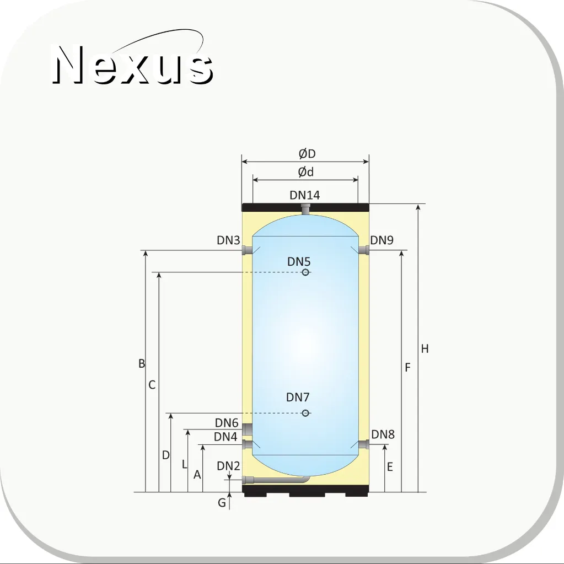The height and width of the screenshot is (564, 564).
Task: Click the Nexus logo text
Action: pyautogui.click(x=132, y=65)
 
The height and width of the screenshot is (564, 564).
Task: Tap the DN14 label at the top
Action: pyautogui.click(x=305, y=195)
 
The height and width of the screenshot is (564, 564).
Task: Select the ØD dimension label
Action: pyautogui.click(x=307, y=154)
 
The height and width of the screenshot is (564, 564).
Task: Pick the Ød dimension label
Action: pyautogui.click(x=306, y=172)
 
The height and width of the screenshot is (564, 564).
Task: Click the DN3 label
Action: pyautogui.click(x=228, y=240)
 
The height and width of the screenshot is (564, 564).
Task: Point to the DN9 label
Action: pyautogui.click(x=382, y=240)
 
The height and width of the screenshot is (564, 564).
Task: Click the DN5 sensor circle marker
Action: pyautogui.click(x=305, y=272)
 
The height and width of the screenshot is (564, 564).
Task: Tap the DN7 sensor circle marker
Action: pyautogui.click(x=305, y=413)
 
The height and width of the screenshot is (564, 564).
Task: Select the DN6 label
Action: pyautogui.click(x=227, y=423)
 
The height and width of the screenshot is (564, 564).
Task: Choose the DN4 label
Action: pyautogui.click(x=225, y=437)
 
